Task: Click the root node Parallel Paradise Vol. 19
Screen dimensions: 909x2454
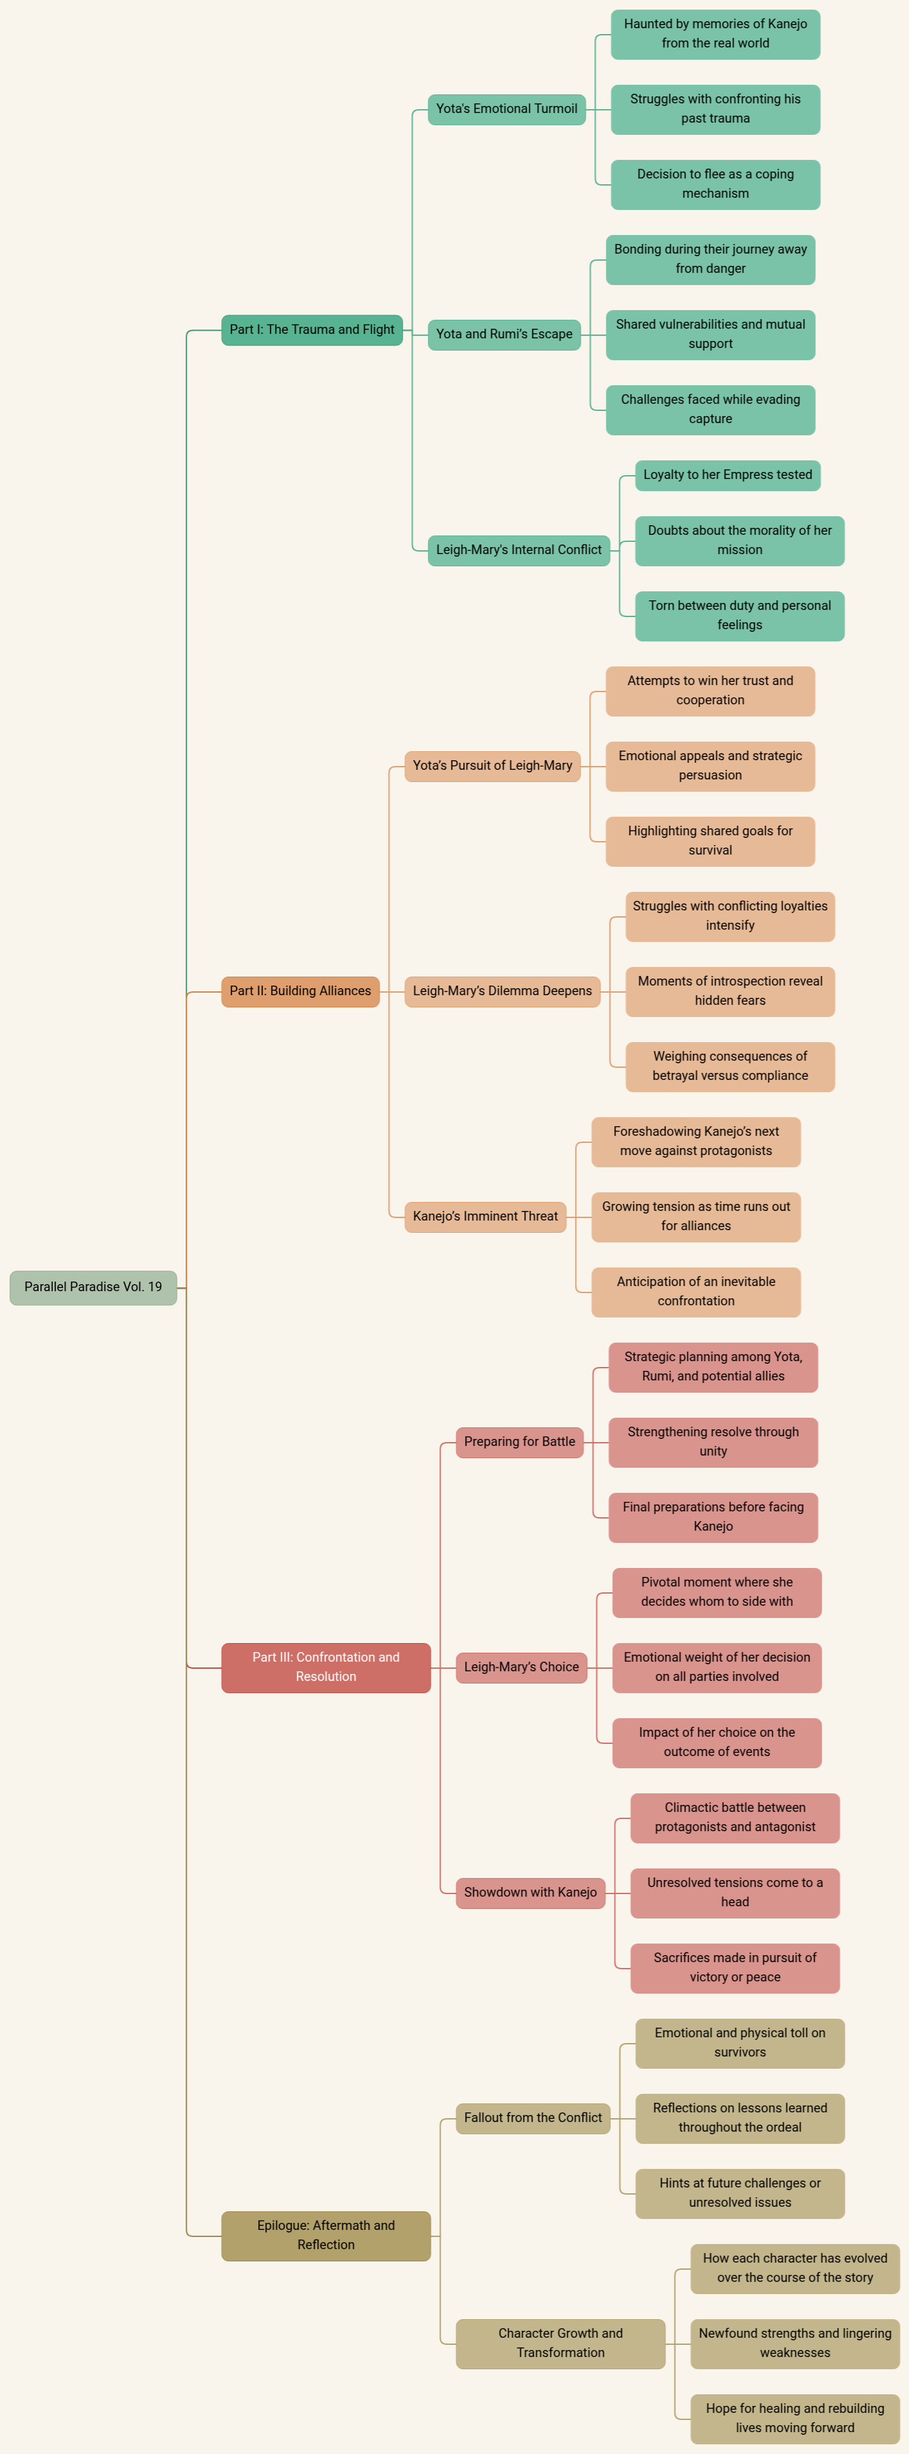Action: pyautogui.click(x=93, y=1287)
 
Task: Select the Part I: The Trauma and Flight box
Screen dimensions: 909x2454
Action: pyautogui.click(x=312, y=329)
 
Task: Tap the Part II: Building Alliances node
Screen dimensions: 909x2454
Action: pyautogui.click(x=300, y=991)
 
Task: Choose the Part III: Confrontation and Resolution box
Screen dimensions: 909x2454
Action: pyautogui.click(x=326, y=1667)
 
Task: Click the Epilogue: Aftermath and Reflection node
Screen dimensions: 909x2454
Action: pyautogui.click(x=326, y=2235)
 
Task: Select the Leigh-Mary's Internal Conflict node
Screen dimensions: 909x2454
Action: pyautogui.click(x=518, y=550)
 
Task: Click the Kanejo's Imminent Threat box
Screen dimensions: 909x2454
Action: pyautogui.click(x=485, y=1217)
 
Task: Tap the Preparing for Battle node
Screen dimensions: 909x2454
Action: pyautogui.click(x=519, y=1442)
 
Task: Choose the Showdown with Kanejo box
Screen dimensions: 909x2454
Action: pyautogui.click(x=531, y=1893)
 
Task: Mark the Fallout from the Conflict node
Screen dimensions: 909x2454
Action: pyautogui.click(x=533, y=2118)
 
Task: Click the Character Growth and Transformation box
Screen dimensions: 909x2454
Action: pyautogui.click(x=560, y=2344)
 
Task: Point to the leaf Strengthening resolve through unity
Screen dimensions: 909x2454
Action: pyautogui.click(x=712, y=1442)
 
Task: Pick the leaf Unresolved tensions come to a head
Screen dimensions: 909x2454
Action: pyautogui.click(x=735, y=1893)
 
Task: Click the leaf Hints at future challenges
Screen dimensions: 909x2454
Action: pyautogui.click(x=739, y=2193)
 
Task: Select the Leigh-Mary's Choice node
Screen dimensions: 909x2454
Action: pyautogui.click(x=521, y=1667)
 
